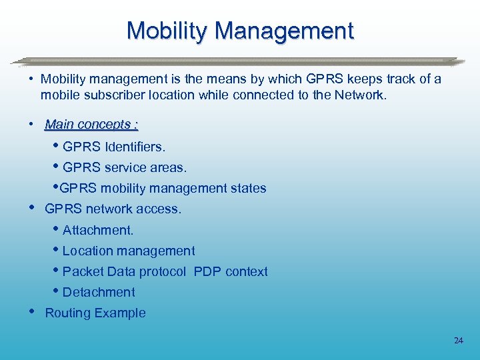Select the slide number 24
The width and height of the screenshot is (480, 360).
[458, 341]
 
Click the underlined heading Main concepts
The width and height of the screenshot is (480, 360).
[91, 125]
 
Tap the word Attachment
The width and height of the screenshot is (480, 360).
[98, 230]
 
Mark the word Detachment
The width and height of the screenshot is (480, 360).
[99, 292]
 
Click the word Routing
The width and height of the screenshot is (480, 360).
[67, 313]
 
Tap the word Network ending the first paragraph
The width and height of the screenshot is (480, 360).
[359, 95]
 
